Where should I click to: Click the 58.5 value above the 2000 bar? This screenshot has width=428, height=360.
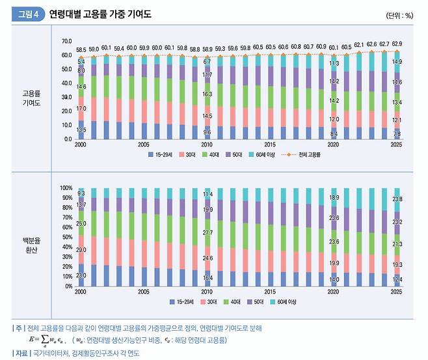pyautogui.click(x=81, y=49)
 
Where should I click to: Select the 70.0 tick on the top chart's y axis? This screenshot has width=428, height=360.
pyautogui.click(x=66, y=41)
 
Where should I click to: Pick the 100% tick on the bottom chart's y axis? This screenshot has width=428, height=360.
pyautogui.click(x=66, y=187)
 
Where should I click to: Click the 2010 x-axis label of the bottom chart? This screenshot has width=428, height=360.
pyautogui.click(x=207, y=292)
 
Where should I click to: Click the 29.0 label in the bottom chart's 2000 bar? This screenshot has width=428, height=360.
pyautogui.click(x=81, y=250)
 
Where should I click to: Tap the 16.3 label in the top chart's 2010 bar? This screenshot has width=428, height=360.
pyautogui.click(x=207, y=95)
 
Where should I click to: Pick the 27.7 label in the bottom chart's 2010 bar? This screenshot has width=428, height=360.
pyautogui.click(x=207, y=232)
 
